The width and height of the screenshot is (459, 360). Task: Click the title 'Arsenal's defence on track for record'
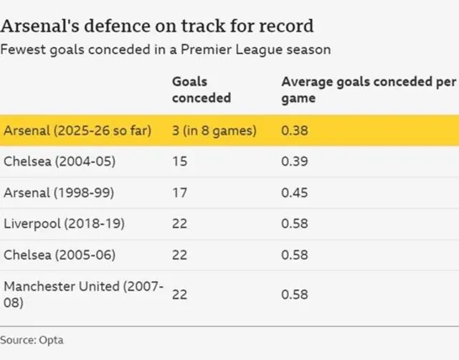tap(157, 27)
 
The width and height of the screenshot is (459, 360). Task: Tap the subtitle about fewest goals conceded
tap(166, 49)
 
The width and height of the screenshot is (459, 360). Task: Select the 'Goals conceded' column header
tap(202, 90)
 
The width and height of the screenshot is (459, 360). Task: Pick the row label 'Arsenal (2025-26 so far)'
tap(77, 131)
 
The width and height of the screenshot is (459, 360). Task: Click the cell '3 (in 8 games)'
tap(214, 131)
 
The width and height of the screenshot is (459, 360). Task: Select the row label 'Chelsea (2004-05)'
tap(60, 161)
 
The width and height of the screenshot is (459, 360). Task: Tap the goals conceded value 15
tap(179, 161)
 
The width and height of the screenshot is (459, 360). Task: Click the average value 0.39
tap(293, 161)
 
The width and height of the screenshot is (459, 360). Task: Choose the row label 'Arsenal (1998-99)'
tap(60, 193)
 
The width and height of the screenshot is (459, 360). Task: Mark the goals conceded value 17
tap(179, 193)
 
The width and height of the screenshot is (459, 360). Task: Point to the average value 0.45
tap(293, 193)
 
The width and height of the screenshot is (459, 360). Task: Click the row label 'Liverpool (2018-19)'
tap(65, 224)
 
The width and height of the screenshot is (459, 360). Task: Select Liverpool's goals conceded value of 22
tap(180, 224)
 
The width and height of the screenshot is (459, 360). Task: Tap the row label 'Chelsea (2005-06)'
tap(60, 255)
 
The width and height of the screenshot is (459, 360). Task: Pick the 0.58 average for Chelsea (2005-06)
tap(293, 255)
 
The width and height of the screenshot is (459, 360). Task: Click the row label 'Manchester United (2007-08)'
tap(83, 294)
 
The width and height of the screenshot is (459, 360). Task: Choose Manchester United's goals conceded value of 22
tap(180, 294)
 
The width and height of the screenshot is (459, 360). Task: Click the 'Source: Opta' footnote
tap(32, 339)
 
